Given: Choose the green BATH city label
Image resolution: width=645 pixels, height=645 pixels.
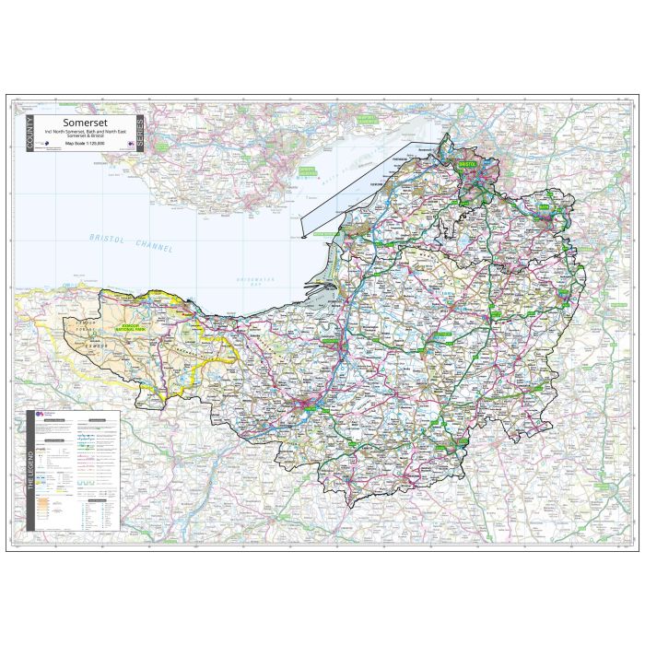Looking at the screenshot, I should pyautogui.click(x=549, y=211).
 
